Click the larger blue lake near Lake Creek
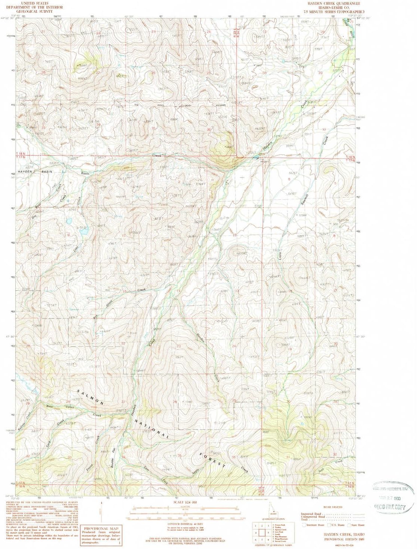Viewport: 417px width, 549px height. [x=83, y=232]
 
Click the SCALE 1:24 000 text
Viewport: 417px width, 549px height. [x=184, y=502]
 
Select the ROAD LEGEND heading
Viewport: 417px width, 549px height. [x=332, y=507]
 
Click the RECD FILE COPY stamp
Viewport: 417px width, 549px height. [x=391, y=507]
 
